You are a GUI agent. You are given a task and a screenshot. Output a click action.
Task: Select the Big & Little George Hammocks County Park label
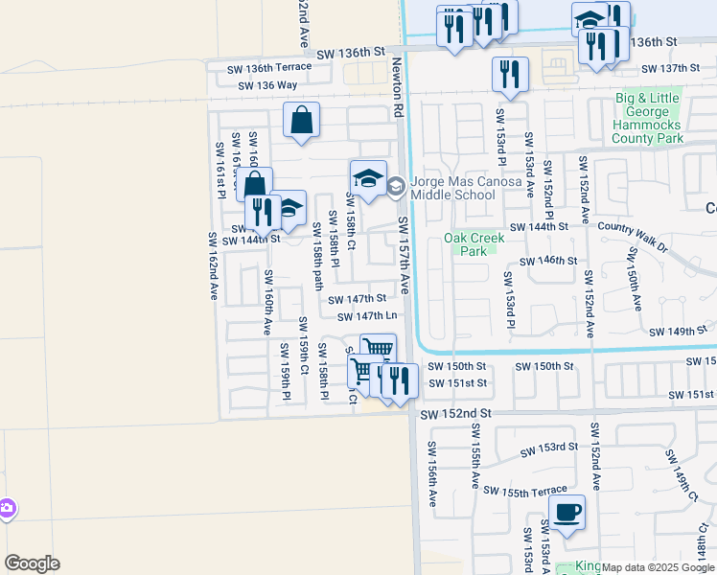(649, 118)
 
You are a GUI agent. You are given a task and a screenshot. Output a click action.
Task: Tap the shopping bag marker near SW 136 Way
(301, 121)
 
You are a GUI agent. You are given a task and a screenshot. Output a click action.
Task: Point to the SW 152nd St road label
(456, 412)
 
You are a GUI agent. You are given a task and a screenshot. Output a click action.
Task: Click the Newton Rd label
(398, 86)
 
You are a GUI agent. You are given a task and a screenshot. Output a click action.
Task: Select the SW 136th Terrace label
(269, 67)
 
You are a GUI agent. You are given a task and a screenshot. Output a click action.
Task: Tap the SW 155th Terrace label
(525, 491)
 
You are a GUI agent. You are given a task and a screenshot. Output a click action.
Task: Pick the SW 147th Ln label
(366, 316)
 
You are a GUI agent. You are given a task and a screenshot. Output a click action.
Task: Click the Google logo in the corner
(32, 563)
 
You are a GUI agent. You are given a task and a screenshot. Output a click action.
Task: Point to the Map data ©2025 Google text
(658, 567)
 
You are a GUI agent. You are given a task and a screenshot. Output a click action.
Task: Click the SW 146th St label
(548, 261)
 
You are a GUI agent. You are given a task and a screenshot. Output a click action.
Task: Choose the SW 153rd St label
(549, 448)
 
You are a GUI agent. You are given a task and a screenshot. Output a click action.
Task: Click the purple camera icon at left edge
(6, 508)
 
